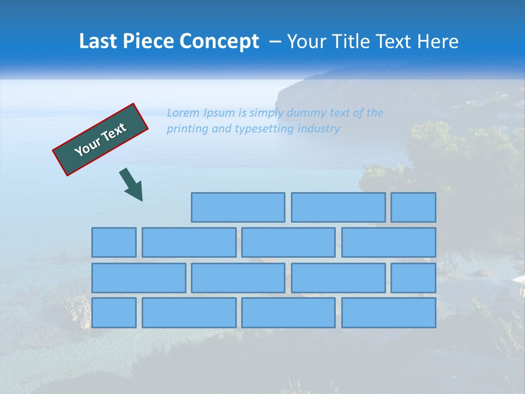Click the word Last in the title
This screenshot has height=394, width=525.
click(99, 42)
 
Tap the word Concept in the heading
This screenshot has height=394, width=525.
click(219, 42)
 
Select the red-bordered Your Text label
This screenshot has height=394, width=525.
click(101, 140)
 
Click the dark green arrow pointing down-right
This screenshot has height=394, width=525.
click(131, 184)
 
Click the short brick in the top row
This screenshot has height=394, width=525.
click(413, 207)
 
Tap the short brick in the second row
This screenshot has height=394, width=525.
click(114, 242)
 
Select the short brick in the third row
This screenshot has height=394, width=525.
click(413, 278)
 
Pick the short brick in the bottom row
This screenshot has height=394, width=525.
click(114, 313)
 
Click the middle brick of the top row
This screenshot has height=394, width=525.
click(338, 207)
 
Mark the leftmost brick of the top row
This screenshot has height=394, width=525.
click(238, 207)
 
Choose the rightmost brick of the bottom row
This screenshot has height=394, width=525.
click(389, 313)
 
